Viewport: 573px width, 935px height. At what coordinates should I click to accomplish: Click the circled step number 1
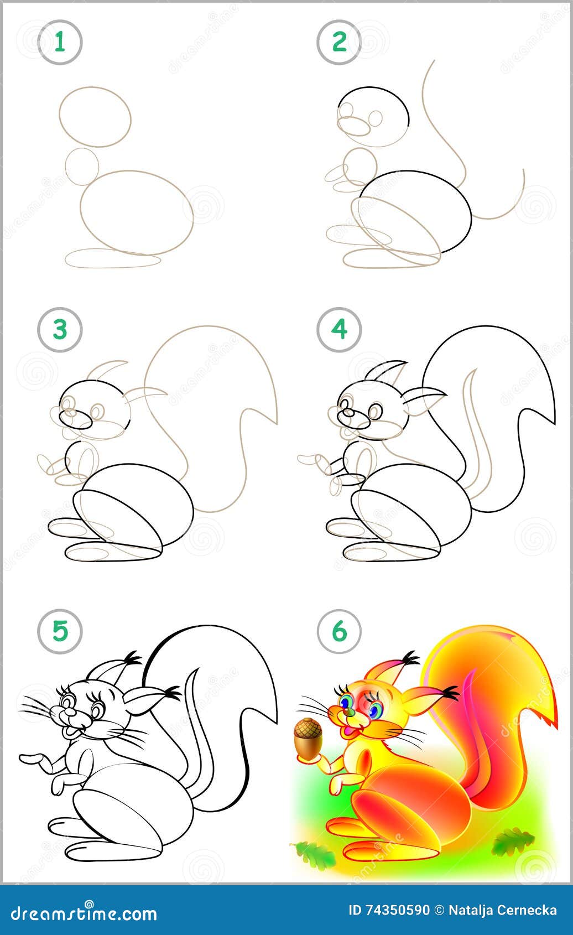click(60, 42)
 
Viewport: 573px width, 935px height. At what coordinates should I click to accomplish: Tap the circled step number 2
click(339, 42)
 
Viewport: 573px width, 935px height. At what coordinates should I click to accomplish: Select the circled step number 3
click(60, 330)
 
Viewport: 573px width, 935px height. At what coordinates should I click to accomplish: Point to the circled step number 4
click(339, 330)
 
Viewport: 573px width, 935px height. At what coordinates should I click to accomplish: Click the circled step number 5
click(60, 631)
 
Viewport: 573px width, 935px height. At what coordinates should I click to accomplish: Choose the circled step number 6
click(339, 631)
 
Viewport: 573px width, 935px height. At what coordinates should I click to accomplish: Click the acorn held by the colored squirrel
click(308, 739)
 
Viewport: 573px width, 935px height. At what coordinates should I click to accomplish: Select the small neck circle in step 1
click(81, 166)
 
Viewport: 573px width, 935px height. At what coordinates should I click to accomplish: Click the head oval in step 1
click(95, 117)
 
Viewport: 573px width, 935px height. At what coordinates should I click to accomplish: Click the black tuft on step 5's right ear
click(173, 693)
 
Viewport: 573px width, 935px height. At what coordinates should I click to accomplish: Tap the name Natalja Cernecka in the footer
click(503, 910)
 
